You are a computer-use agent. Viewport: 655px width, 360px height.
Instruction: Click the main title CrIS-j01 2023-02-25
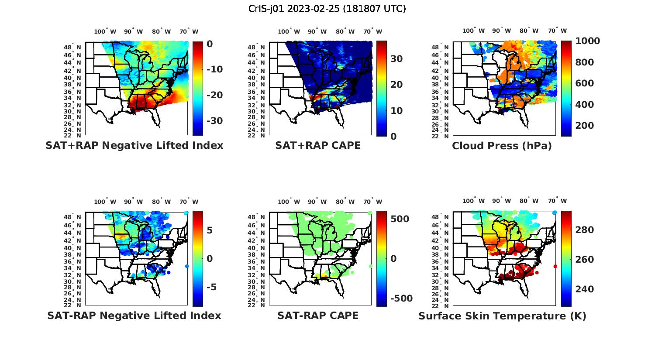click(327, 9)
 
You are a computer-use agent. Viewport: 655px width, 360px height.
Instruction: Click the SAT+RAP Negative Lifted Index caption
click(134, 145)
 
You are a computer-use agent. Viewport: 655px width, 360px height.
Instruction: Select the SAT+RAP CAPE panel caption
click(318, 145)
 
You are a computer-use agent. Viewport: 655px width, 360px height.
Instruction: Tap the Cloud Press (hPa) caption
click(502, 146)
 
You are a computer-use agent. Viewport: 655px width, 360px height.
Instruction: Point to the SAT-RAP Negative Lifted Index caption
click(134, 315)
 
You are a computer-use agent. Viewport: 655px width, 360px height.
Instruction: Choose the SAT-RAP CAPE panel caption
click(318, 315)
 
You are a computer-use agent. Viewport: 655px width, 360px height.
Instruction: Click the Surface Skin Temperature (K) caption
click(502, 316)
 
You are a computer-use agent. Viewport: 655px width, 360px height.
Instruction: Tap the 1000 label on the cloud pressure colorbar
click(588, 41)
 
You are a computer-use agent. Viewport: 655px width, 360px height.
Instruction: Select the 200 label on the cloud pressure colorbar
click(585, 126)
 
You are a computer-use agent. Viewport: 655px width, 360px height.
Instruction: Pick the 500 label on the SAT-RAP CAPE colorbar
click(400, 219)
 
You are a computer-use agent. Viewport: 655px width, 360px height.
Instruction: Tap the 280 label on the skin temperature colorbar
click(585, 230)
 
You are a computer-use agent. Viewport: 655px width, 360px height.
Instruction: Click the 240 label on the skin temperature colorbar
click(585, 289)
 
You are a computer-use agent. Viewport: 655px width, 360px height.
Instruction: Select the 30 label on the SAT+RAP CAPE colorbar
click(396, 59)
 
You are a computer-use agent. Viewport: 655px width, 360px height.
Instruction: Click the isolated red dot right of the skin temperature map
click(555, 266)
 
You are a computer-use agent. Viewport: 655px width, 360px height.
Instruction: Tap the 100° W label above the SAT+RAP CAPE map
click(289, 31)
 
